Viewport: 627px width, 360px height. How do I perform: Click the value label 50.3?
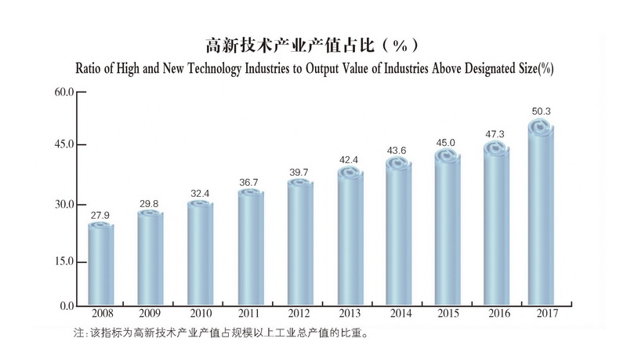(541, 111)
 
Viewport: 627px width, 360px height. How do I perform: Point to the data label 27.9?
(101, 215)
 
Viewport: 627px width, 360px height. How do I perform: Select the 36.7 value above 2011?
(250, 182)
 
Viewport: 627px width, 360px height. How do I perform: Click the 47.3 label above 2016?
(496, 134)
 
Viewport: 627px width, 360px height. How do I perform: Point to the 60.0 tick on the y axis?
(63, 93)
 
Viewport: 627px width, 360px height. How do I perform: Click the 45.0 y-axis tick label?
(63, 144)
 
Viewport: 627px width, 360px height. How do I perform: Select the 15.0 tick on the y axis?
(63, 261)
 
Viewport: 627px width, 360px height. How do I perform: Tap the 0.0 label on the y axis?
(67, 306)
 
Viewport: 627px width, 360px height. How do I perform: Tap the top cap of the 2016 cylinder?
(497, 149)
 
